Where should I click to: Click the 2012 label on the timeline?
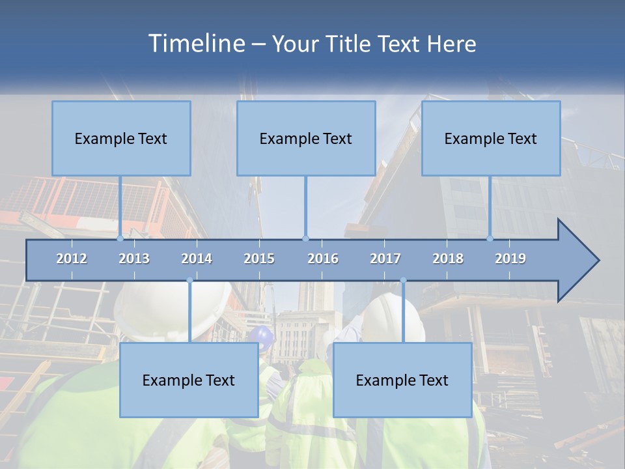[72, 259]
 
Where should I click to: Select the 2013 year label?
[134, 259]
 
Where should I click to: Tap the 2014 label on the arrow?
[197, 259]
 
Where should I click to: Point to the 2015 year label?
[259, 259]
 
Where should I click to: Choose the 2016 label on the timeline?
[323, 259]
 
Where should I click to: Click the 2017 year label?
[385, 259]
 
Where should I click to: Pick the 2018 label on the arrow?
[448, 259]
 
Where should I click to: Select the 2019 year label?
[510, 259]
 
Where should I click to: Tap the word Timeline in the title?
[196, 44]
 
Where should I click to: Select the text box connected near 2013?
[121, 138]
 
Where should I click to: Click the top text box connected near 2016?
[306, 138]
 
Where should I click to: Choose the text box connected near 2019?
[491, 138]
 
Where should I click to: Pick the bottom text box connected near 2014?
[189, 380]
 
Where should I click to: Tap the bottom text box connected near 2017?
[402, 380]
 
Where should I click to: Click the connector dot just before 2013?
[120, 238]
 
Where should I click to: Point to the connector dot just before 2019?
[490, 238]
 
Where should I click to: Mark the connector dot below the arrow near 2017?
[403, 281]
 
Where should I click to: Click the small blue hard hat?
[262, 335]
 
